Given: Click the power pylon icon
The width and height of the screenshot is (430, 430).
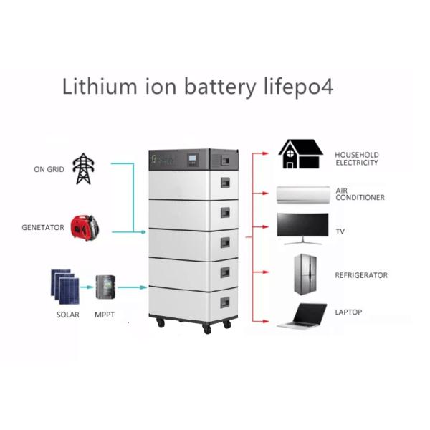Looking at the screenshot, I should pos(85,168).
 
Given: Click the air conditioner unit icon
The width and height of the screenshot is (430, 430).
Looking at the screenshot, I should pos(302,193).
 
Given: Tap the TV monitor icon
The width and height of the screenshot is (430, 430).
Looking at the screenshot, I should pos(302,229).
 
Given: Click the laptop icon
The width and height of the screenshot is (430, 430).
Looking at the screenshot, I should pos(302,315).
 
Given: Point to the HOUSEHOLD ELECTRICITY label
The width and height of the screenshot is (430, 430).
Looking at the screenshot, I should pos(357,158).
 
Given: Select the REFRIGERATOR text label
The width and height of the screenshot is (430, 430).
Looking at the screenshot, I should pos(361,275).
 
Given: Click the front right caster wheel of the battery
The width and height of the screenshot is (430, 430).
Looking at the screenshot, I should pos(207,328).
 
